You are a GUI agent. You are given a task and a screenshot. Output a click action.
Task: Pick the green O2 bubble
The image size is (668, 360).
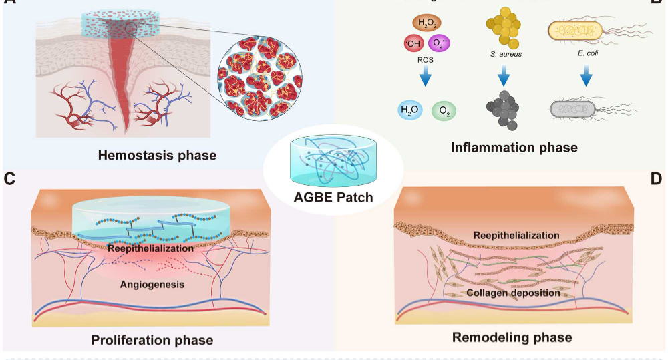[x=444, y=111]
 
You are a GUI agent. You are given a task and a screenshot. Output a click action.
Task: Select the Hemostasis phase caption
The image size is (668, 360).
[x=157, y=156]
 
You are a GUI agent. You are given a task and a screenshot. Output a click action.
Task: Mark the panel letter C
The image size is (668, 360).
[x=9, y=178]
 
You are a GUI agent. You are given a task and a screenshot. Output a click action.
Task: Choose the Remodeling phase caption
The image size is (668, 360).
[x=512, y=337]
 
